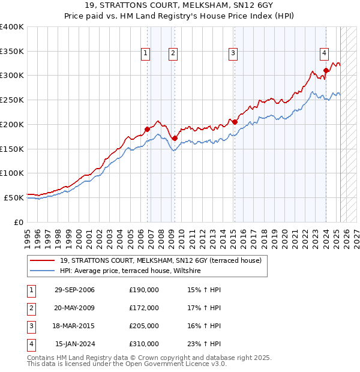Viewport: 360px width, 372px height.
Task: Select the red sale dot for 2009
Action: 175,138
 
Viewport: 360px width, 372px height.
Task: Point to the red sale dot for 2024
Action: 326,70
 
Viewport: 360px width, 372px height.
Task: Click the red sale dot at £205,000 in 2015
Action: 235,122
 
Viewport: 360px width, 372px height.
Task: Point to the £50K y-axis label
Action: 14,197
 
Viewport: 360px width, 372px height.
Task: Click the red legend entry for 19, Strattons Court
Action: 160,260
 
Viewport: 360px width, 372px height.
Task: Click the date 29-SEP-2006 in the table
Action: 74,290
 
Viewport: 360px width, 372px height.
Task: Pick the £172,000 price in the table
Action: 144,308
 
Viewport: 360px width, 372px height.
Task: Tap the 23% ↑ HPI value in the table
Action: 205,344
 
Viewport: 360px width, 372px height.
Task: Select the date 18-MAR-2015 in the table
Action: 74,326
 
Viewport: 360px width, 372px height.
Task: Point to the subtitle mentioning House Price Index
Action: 179,17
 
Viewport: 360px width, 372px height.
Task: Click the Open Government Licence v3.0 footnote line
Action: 127,364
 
